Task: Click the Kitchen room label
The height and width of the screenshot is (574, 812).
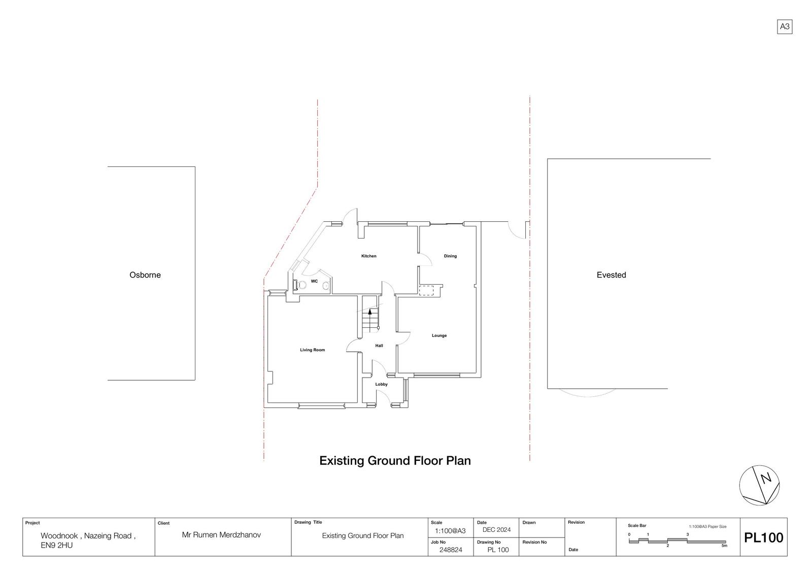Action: click(x=368, y=256)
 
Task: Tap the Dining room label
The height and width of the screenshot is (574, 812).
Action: click(x=450, y=256)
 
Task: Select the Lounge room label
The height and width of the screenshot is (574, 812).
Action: click(x=439, y=335)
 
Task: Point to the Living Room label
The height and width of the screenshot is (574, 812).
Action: click(x=312, y=350)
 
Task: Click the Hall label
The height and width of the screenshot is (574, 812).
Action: click(x=379, y=346)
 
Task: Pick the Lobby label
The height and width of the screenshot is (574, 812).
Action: click(x=381, y=384)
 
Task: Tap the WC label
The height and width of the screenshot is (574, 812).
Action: click(x=314, y=281)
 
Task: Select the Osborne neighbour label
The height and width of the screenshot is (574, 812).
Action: click(x=145, y=275)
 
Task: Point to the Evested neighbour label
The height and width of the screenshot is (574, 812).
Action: click(x=611, y=275)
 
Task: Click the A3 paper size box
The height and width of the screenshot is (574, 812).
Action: click(x=785, y=26)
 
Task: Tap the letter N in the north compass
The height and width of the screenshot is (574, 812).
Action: click(x=766, y=479)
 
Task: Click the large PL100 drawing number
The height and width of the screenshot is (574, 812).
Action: click(x=763, y=537)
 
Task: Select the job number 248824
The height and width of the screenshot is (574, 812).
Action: click(x=451, y=550)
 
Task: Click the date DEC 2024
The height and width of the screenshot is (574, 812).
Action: click(x=496, y=530)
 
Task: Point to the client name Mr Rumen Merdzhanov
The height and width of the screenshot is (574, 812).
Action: click(x=221, y=535)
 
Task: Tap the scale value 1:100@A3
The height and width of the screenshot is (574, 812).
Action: click(x=450, y=531)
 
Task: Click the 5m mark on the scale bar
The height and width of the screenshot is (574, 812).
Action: click(x=724, y=546)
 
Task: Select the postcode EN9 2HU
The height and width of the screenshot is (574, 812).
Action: click(x=56, y=546)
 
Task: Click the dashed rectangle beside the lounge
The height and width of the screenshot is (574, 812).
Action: click(x=426, y=290)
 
